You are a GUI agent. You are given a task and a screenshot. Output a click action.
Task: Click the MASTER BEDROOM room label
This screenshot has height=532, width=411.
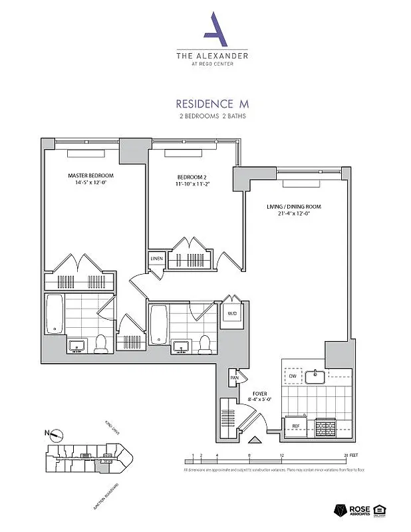pyautogui.click(x=87, y=176)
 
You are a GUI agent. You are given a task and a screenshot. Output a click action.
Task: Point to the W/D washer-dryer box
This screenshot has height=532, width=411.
pyautogui.click(x=233, y=313)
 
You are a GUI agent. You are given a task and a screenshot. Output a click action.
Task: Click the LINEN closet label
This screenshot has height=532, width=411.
pyautogui.click(x=156, y=258)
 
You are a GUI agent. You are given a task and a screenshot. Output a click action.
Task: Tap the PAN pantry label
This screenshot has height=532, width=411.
pyautogui.click(x=234, y=378)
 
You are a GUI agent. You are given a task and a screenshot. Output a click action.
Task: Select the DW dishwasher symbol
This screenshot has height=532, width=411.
pyautogui.click(x=293, y=377)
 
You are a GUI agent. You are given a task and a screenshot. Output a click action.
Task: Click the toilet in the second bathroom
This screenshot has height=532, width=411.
pyautogui.click(x=205, y=343)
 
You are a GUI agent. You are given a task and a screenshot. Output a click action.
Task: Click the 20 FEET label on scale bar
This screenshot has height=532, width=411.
pyautogui.click(x=351, y=456)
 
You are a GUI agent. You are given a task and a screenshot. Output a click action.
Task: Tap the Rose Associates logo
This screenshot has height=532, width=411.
pyautogui.click(x=356, y=511)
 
